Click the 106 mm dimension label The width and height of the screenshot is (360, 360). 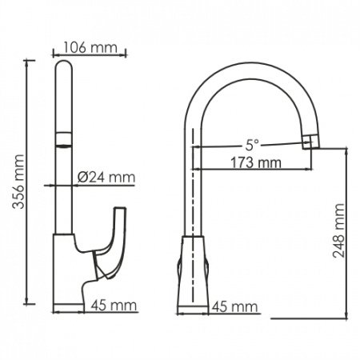tap(90, 47)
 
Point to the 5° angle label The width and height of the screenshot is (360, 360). tap(253, 145)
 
